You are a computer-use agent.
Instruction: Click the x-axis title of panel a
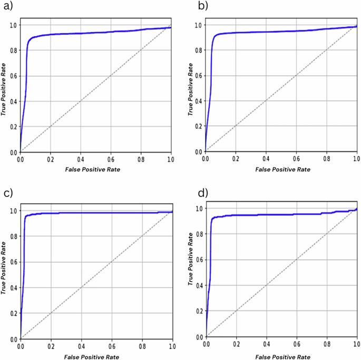coord(95,169)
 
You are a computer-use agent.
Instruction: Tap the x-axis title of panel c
coord(96,355)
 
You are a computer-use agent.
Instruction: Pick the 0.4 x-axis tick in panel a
coord(81,158)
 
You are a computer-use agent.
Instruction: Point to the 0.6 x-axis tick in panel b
coord(296,158)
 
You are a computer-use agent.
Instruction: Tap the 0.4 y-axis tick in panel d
coord(199,285)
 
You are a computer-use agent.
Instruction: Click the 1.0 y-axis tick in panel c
coord(14,211)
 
